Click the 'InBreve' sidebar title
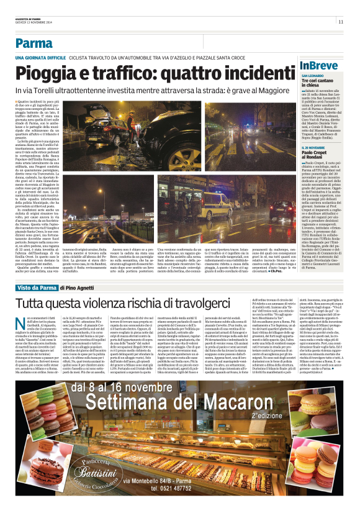pos(318,65)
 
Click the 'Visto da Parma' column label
pos(35,288)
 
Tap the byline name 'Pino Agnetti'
pos(78,288)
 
